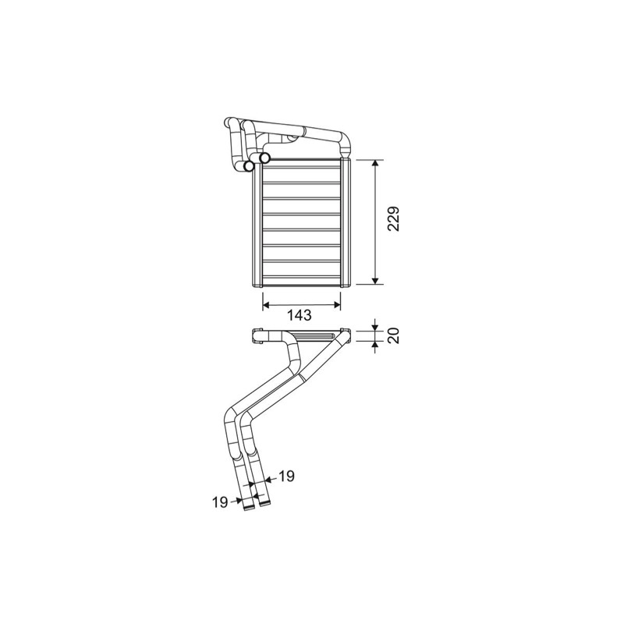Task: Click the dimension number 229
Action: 394,219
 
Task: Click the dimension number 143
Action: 300,315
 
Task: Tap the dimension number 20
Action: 394,336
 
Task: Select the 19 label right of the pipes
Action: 286,476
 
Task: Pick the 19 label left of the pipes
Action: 220,502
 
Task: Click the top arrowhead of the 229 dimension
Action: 375,164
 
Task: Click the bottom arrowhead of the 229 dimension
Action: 375,281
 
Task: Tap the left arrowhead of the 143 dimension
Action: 267,305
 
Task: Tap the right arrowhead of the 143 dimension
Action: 337,305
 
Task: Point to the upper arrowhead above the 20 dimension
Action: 375,328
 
